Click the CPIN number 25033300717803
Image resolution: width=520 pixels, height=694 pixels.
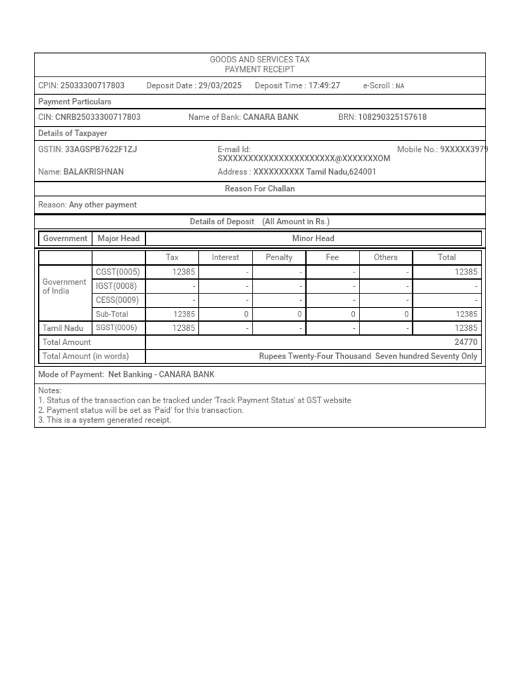point(92,86)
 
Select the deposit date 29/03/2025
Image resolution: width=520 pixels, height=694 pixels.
point(219,86)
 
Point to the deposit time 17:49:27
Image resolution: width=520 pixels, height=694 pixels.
point(324,86)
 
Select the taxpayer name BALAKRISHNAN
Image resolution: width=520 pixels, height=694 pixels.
point(93,172)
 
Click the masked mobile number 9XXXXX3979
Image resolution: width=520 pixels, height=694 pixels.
point(464,149)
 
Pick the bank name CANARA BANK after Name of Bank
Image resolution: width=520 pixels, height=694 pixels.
point(271,117)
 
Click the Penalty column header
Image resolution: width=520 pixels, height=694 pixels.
point(279,258)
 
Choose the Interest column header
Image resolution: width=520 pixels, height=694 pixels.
point(225,258)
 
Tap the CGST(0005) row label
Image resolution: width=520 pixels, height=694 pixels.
point(118,272)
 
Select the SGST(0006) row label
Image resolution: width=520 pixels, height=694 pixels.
point(118,328)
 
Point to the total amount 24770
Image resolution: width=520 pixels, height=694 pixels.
point(466,342)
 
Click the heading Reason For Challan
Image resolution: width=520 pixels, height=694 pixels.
point(259,189)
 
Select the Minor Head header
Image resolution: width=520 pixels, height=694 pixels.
point(313,239)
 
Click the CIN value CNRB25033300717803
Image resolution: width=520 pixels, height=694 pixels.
point(98,117)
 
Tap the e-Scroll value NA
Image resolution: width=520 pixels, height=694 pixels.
point(400,87)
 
